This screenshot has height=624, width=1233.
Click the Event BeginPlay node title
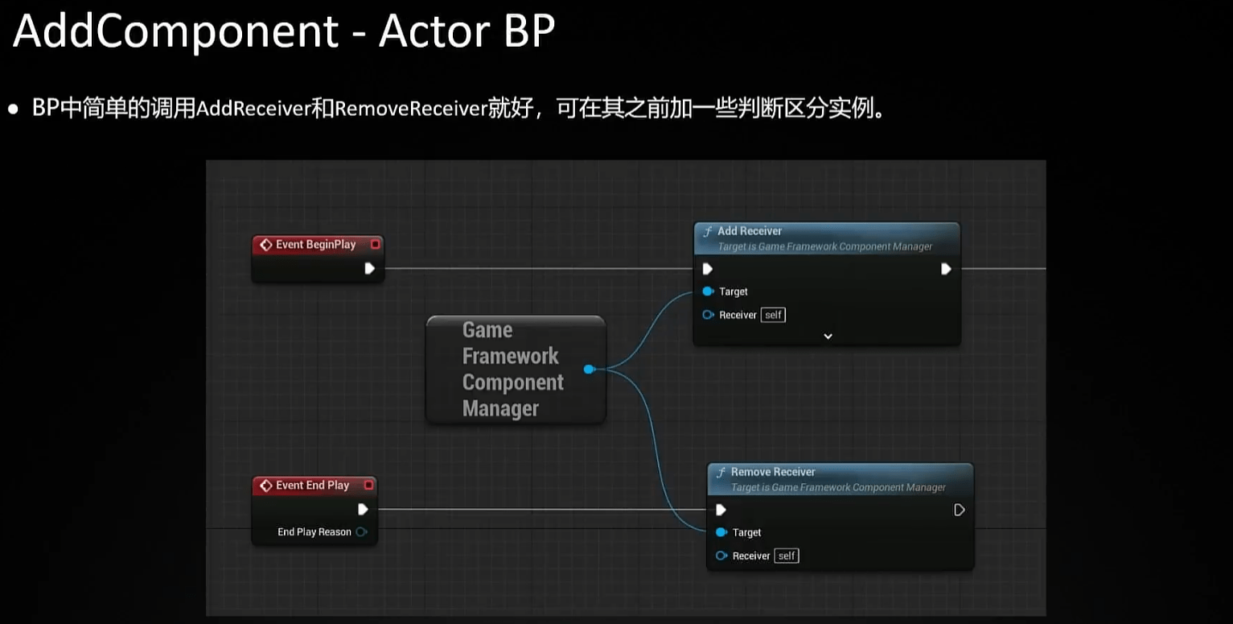tap(315, 245)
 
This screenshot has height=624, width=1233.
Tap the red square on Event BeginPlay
tap(375, 244)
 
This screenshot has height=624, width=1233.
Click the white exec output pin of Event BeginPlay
tap(369, 268)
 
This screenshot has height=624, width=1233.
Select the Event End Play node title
tap(312, 486)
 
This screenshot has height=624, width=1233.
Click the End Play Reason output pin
tap(361, 532)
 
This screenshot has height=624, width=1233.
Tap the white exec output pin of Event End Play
tap(363, 509)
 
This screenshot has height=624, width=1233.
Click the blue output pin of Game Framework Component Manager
tap(589, 369)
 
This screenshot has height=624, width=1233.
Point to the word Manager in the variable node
tap(499, 409)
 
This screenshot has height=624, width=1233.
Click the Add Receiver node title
tap(749, 231)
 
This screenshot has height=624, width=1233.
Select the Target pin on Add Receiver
tap(708, 291)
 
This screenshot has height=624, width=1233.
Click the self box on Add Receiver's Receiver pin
tap(773, 315)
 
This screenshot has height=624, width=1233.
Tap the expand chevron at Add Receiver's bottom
tap(828, 337)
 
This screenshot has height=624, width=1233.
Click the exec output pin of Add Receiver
tap(946, 269)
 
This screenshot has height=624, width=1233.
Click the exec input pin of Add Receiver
tap(707, 269)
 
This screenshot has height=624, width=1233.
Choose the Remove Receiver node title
tap(772, 472)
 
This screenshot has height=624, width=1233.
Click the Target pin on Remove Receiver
tap(721, 532)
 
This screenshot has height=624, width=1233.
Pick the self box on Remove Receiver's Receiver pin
tap(786, 556)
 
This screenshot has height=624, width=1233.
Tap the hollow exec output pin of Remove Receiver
tap(959, 510)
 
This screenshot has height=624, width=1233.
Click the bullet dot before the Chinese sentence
tap(13, 109)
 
